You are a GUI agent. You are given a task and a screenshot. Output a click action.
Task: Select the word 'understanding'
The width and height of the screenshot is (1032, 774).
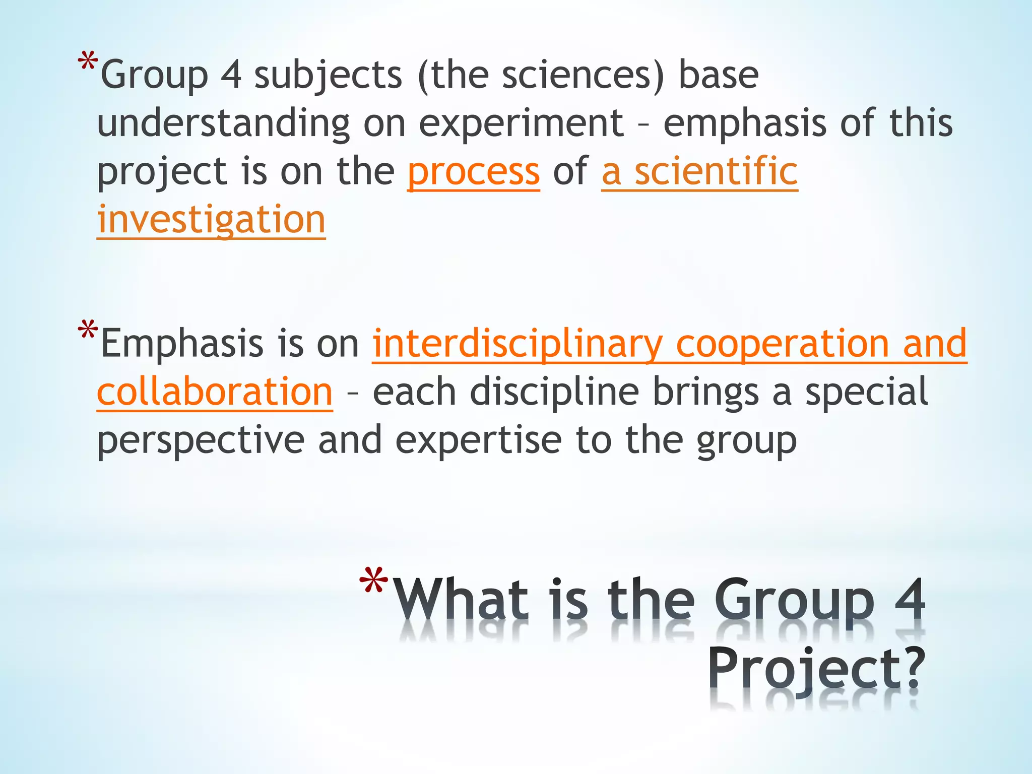tap(223, 124)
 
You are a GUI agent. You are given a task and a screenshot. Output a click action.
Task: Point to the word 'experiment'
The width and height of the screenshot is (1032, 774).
tap(521, 124)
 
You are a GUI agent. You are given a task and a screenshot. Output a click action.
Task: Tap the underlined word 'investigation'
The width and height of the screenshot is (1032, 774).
tap(211, 220)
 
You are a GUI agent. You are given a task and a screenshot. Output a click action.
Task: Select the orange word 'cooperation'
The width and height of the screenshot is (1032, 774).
tap(783, 344)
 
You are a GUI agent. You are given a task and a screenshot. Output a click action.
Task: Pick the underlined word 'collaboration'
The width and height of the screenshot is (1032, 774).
tap(215, 392)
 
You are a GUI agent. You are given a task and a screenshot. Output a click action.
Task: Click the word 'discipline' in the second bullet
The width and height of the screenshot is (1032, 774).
tap(554, 392)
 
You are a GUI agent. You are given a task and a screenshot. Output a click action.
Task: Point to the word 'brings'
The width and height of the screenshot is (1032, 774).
tap(705, 392)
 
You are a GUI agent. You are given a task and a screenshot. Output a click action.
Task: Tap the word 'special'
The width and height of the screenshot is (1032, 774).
tap(866, 392)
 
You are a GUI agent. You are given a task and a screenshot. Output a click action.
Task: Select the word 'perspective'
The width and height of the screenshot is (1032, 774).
tap(201, 440)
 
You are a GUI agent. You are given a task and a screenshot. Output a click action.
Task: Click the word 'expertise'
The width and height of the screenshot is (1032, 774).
tap(478, 440)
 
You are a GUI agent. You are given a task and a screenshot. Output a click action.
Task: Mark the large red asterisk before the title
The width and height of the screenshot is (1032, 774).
tap(373, 580)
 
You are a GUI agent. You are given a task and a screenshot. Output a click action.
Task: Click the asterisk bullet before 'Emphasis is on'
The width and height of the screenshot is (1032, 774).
tap(88, 331)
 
